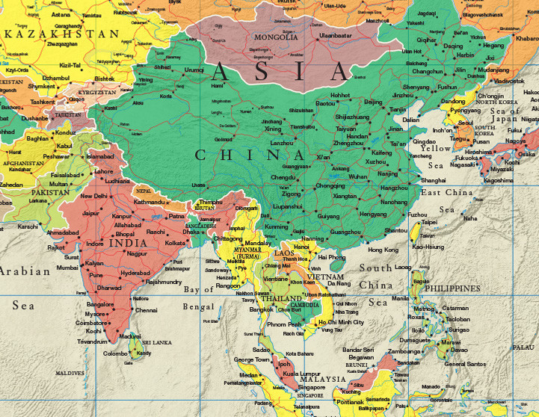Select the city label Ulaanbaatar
[x=336, y=35]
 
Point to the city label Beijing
[x=373, y=102]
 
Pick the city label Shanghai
[x=434, y=180]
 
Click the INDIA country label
[x=128, y=243]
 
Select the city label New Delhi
[x=94, y=196]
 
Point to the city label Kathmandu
[x=149, y=202]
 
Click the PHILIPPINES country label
[x=452, y=288]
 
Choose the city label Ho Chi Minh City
[x=341, y=322]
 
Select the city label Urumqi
[x=194, y=69]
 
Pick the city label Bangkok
[x=262, y=309]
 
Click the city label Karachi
[x=28, y=226]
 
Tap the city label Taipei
[x=429, y=222]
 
